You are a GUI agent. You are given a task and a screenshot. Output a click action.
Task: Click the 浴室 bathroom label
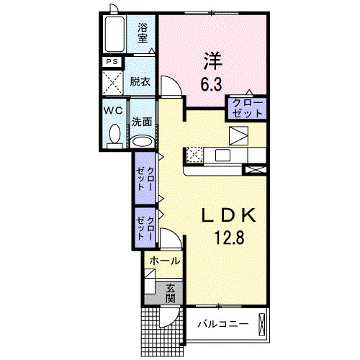(x=144, y=33)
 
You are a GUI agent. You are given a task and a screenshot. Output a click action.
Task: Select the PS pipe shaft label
(x=111, y=62)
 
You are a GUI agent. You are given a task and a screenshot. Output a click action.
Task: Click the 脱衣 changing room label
(x=140, y=82)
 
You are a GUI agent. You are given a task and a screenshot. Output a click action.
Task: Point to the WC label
(x=114, y=112)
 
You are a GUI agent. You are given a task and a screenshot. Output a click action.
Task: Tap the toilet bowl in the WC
(x=114, y=135)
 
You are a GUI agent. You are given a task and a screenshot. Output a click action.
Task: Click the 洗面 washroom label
(x=142, y=122)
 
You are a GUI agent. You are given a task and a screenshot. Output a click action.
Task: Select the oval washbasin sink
(x=142, y=140)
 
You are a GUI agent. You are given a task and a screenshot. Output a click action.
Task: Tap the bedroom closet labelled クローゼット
(x=247, y=109)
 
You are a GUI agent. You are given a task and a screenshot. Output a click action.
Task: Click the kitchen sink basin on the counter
(x=222, y=155)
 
